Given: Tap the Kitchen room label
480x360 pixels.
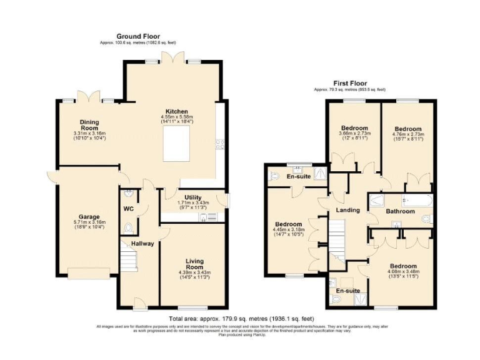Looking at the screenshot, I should pyautogui.click(x=176, y=111).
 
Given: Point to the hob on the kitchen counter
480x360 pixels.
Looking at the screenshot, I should pyautogui.click(x=220, y=144).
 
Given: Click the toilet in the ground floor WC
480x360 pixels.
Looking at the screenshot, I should pyautogui.click(x=129, y=227).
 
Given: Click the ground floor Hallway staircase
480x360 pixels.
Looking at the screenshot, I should pyautogui.click(x=128, y=259).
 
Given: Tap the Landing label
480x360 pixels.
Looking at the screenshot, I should pyautogui.click(x=347, y=210).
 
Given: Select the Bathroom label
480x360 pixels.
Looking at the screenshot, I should pyautogui.click(x=400, y=211).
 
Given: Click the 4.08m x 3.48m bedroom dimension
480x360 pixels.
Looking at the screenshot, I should pyautogui.click(x=400, y=271).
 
